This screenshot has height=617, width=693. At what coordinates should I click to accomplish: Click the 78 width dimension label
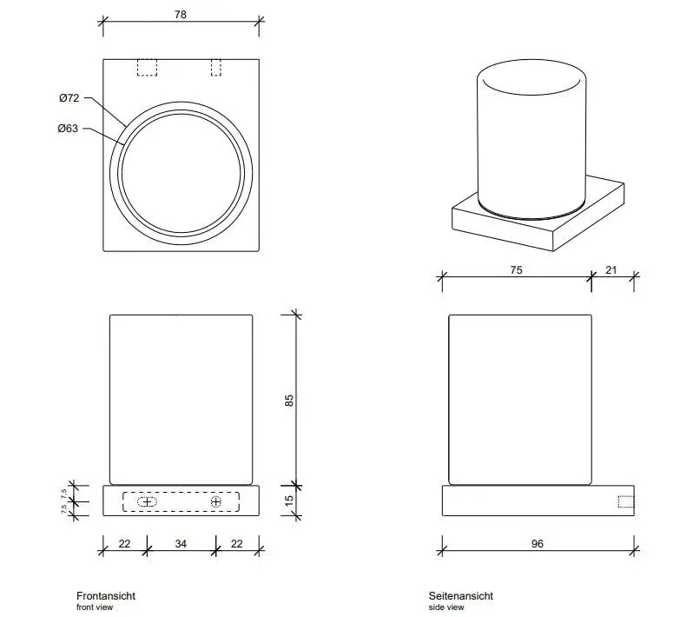pos(181,15)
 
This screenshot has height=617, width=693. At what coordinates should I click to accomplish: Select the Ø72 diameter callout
pos(69,97)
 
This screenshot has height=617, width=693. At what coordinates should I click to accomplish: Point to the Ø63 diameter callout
pos(68,129)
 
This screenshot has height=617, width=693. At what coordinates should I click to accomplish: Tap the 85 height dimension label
pos(288,401)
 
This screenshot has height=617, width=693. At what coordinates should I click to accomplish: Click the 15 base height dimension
pos(288,501)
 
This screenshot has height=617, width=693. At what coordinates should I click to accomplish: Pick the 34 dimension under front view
pos(181,544)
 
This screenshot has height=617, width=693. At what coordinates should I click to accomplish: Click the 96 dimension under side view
pos(537,544)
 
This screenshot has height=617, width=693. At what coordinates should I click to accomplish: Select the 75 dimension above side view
pos(516,269)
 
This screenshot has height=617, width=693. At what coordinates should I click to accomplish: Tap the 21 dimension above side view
pos(610,269)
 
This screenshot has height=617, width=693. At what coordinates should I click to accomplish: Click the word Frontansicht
pos(106,596)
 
